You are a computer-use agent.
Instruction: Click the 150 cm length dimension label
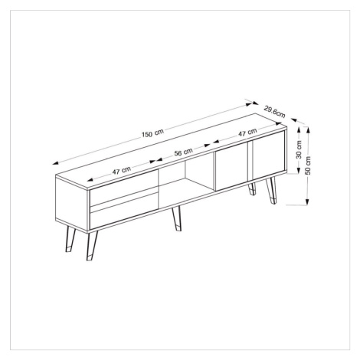pyautogui.click(x=152, y=133)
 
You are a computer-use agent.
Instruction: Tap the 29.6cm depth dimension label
pyautogui.click(x=274, y=112)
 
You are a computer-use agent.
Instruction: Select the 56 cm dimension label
pyautogui.click(x=183, y=152)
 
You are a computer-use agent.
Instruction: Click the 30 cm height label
pyautogui.click(x=299, y=149)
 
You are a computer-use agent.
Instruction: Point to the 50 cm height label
pyautogui.click(x=308, y=165)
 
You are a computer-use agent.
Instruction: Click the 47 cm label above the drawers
pyautogui.click(x=122, y=170)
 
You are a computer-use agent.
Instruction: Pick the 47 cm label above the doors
pyautogui.click(x=247, y=133)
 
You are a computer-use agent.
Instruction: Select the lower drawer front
pyautogui.click(x=124, y=211)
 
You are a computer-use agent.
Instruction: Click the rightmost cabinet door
pyautogui.click(x=268, y=155)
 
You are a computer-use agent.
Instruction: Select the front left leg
pyautogui.click(x=92, y=245)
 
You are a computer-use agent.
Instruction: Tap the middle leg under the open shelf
pyautogui.click(x=177, y=218)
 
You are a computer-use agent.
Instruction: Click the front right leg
pyautogui.click(x=271, y=191)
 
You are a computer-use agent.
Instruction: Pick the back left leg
pyautogui.click(x=70, y=240)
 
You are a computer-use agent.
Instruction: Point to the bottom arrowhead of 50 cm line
pyautogui.click(x=308, y=201)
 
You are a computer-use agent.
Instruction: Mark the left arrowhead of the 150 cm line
pyautogui.click(x=56, y=163)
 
